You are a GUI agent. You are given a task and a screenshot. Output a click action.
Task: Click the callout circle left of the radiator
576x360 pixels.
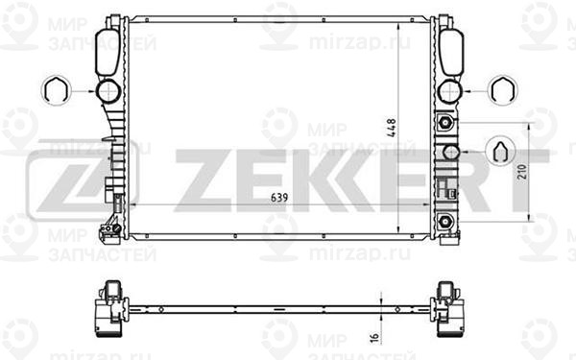tap(56, 92)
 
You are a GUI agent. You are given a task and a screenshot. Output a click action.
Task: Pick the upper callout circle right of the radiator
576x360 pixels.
tap(499, 91)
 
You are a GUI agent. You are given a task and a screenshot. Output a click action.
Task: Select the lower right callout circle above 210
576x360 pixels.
tap(500, 153)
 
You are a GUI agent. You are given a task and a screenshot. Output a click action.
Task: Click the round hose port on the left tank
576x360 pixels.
tap(108, 92)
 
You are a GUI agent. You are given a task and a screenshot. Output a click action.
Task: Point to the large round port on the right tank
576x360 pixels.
tap(447, 92)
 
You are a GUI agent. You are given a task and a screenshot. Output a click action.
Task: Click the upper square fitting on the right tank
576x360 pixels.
tap(445, 123)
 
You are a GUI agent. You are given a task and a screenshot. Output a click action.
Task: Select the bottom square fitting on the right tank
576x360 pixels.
tap(446, 223)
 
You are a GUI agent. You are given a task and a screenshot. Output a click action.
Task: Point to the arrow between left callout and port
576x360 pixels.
tap(83, 92)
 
